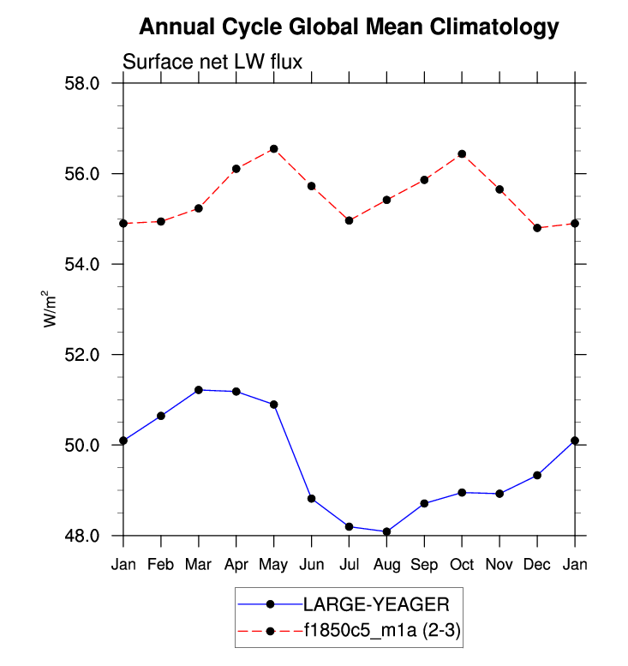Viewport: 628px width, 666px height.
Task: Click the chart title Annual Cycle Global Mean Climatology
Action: coord(348,27)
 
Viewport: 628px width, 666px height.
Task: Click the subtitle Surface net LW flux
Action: coord(213,62)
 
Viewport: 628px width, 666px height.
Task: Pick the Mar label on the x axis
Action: coord(199,563)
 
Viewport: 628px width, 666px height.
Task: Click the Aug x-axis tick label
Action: coord(386,563)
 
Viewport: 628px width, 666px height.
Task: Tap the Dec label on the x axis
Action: coord(537,563)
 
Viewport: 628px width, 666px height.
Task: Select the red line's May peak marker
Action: coord(274,149)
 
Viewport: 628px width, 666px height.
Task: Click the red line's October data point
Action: coord(462,154)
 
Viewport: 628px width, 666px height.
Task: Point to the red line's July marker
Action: coord(350,220)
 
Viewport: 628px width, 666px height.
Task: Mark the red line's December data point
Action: coord(537,228)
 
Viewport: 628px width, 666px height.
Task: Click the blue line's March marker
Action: coord(199,390)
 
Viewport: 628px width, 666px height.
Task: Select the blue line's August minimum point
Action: coord(386,531)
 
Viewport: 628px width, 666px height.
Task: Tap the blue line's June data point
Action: coord(312,499)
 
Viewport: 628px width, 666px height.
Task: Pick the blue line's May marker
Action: coord(274,405)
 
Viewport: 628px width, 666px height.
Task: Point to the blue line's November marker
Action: coord(499,494)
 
